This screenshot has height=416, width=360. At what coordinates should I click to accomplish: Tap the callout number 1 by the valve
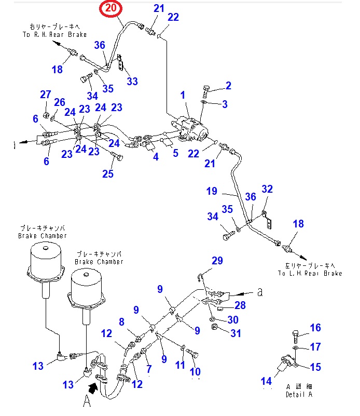pos(183,95)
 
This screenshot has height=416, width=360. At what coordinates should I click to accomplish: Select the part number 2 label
pos(228,86)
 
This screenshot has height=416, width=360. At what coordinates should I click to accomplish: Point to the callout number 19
pos(211,192)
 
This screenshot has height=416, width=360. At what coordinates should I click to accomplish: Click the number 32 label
pos(267,189)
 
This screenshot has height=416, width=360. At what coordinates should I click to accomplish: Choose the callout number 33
pos(132,82)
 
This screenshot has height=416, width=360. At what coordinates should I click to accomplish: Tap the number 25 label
pos(107,173)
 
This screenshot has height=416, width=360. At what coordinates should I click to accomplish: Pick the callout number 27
pos(45,94)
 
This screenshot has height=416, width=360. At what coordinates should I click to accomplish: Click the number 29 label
pos(217,260)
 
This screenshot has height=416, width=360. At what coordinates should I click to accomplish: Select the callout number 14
pos(266,382)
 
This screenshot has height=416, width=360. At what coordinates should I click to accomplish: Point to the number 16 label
pos(315,328)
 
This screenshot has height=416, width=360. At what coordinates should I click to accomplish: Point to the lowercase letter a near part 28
pos(260,292)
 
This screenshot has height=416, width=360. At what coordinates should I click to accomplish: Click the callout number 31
pos(236,333)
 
